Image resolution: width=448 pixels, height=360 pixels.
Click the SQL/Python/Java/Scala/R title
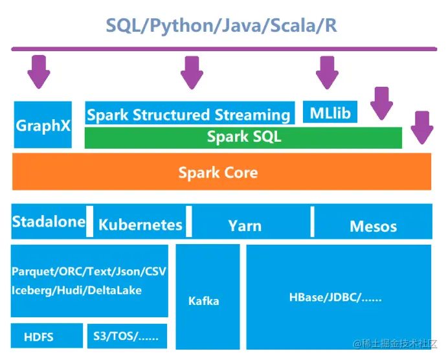[221, 25]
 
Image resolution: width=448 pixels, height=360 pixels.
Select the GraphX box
[43, 124]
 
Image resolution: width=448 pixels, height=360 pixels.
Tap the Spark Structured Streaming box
[188, 115]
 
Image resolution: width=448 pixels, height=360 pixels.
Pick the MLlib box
[330, 113]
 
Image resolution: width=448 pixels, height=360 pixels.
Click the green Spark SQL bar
[243, 137]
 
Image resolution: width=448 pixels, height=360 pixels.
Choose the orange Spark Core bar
[221, 172]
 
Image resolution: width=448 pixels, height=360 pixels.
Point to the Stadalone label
[49, 222]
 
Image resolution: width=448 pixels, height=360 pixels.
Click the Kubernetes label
[140, 225]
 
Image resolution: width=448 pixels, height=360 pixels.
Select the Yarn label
[245, 226]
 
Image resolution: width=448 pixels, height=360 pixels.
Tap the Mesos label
[373, 226]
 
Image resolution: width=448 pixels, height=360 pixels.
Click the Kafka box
[204, 300]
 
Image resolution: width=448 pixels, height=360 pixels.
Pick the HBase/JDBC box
[335, 298]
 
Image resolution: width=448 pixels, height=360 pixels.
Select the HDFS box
[39, 337]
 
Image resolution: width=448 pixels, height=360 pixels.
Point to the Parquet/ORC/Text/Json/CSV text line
[89, 271]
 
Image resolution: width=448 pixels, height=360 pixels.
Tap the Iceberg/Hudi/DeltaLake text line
[76, 290]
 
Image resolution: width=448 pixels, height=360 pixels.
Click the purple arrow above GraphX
[39, 71]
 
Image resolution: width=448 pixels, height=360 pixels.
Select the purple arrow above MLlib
[327, 71]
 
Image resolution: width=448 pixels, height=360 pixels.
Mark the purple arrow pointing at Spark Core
[422, 128]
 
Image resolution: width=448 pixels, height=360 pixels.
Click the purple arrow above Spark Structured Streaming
[192, 71]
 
